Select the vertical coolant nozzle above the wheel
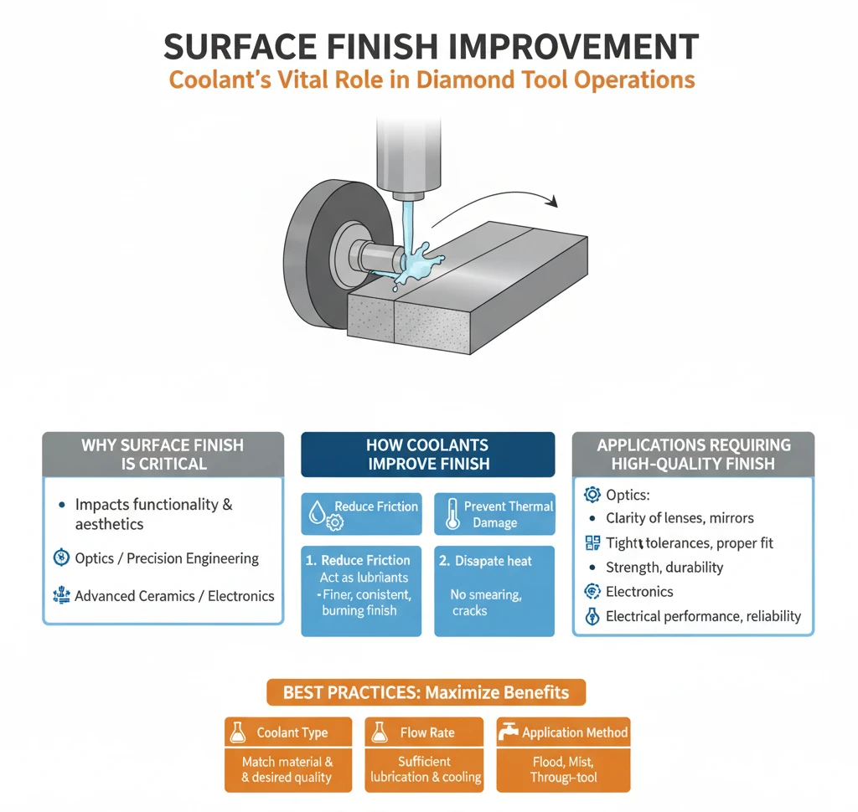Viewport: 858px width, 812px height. pyautogui.click(x=408, y=158)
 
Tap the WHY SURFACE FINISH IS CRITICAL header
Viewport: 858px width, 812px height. pyautogui.click(x=163, y=455)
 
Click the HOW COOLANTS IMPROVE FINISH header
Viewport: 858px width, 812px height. pyautogui.click(x=428, y=455)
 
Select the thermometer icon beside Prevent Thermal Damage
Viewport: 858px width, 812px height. pyautogui.click(x=452, y=513)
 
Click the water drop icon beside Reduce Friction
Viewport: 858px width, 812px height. pyautogui.click(x=317, y=512)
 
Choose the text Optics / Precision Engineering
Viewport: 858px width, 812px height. pyautogui.click(x=167, y=558)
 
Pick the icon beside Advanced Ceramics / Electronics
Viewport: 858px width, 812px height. pyautogui.click(x=61, y=595)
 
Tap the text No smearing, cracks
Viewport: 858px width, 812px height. pyautogui.click(x=486, y=603)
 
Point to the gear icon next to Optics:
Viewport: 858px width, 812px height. pyautogui.click(x=592, y=494)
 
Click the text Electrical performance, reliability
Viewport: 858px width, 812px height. pyautogui.click(x=703, y=616)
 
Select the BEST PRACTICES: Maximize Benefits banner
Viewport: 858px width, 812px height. pyautogui.click(x=426, y=692)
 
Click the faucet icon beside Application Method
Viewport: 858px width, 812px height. pyautogui.click(x=508, y=732)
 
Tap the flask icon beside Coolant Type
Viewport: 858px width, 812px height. pyautogui.click(x=237, y=732)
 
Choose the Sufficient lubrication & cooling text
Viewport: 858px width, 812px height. pyautogui.click(x=425, y=769)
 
